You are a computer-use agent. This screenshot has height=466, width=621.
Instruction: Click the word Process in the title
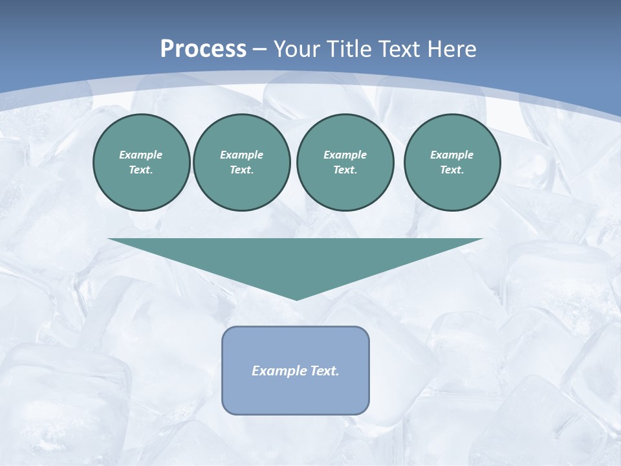[203, 49]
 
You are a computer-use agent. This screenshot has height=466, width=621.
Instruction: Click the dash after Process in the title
[260, 50]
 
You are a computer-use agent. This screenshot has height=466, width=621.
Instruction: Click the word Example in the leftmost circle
[141, 155]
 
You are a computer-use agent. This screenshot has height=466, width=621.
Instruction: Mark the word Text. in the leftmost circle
[141, 170]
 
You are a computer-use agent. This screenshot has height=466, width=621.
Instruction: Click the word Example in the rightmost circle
[452, 155]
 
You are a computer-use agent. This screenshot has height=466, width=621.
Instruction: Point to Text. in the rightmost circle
[452, 170]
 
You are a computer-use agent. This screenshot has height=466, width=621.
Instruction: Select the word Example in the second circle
[241, 155]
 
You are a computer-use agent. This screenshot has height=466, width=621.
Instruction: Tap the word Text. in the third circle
[345, 170]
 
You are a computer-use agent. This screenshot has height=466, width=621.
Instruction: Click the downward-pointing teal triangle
[296, 259]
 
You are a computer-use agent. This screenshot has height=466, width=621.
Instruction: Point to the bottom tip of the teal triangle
[296, 298]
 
